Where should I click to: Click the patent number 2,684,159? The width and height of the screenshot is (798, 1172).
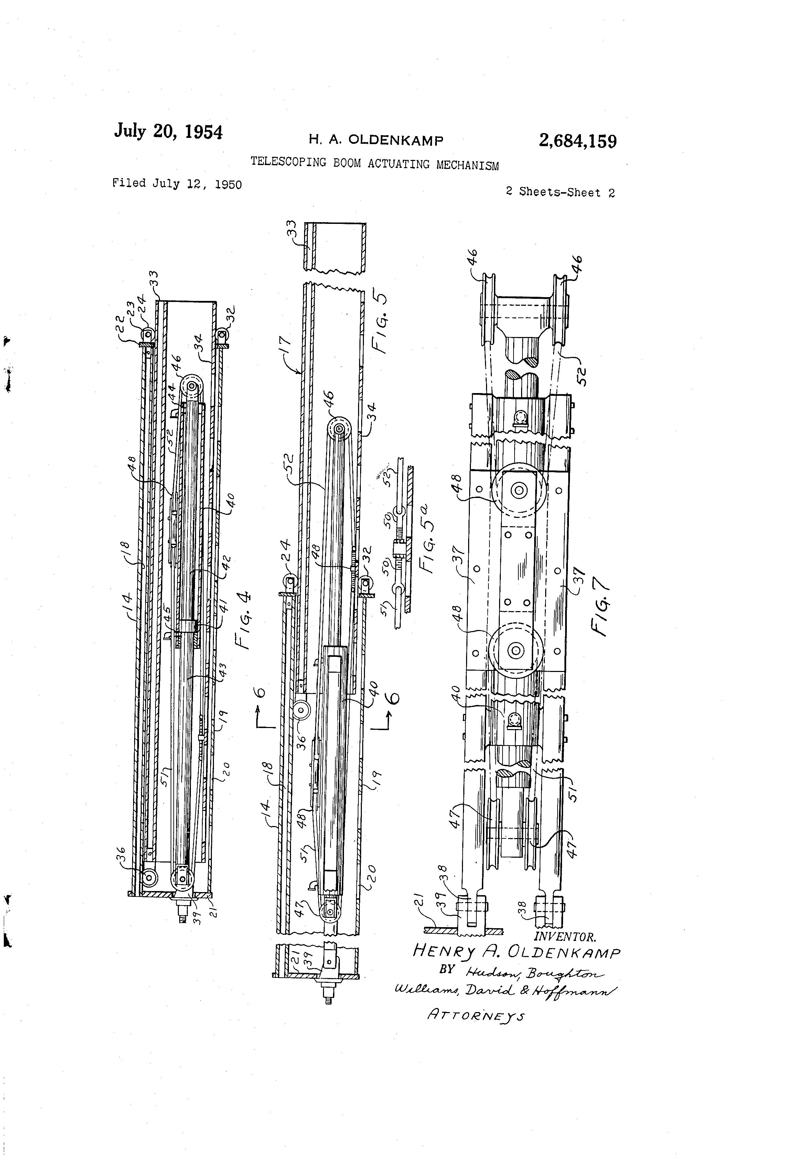point(577,141)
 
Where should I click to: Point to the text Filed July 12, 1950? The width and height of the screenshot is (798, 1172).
point(176,184)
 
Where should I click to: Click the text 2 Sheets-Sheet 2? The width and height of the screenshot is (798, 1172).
point(560,192)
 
